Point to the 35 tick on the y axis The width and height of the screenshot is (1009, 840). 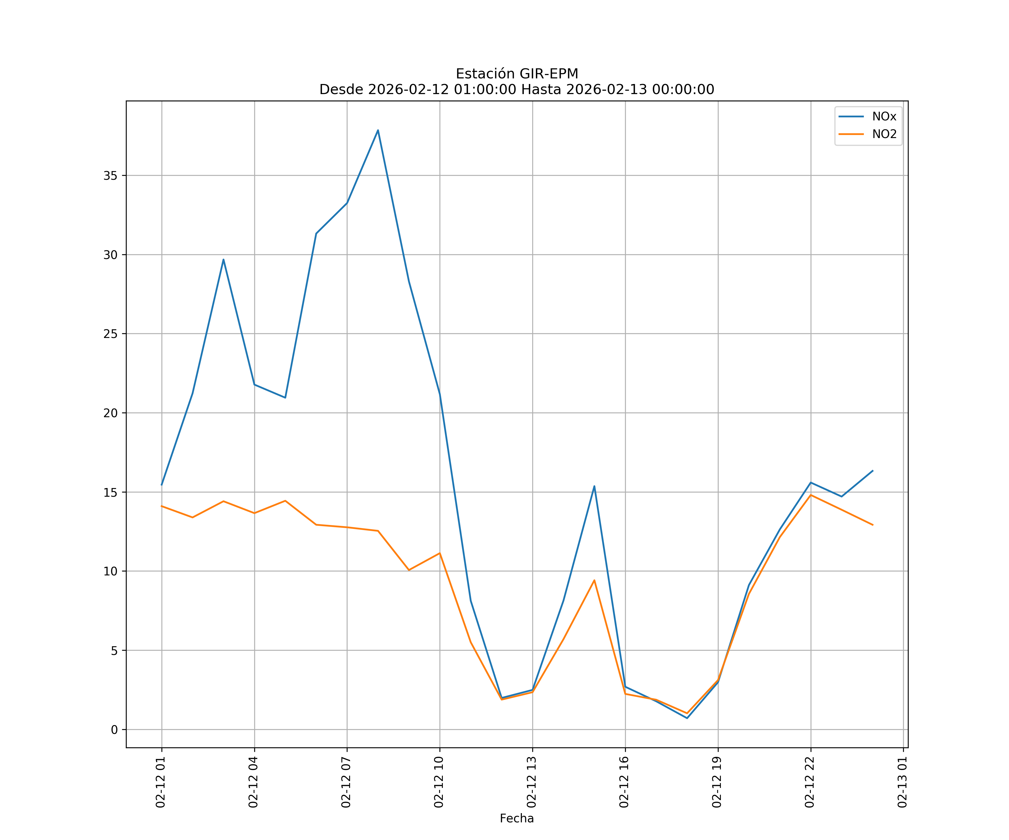pos(110,176)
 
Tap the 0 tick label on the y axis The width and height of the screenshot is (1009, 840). pos(114,730)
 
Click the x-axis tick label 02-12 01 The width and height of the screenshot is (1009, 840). pos(161,782)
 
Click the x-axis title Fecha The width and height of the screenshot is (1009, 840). pos(517,818)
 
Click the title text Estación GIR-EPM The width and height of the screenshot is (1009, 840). pos(517,74)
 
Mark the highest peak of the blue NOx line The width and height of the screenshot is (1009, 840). pos(378,130)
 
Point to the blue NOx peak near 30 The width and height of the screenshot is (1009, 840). pos(223,260)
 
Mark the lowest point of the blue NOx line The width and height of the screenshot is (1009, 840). pos(687,718)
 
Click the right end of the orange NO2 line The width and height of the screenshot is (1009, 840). pos(873,525)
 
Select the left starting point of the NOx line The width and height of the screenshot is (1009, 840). pos(161,485)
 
